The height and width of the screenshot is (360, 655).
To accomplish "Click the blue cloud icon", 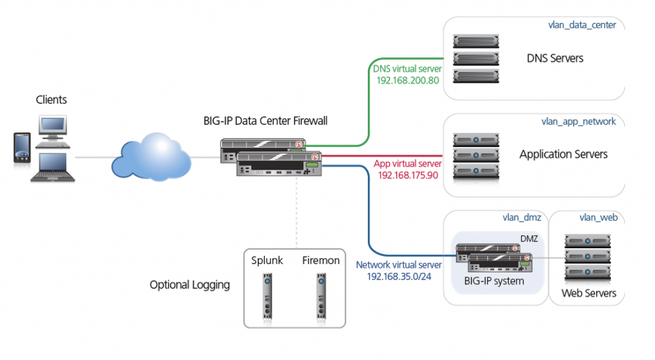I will pyautogui.click(x=151, y=157).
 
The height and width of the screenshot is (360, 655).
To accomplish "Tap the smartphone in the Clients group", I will pyautogui.click(x=21, y=151).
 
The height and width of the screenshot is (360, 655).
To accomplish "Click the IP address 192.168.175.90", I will pyautogui.click(x=408, y=175).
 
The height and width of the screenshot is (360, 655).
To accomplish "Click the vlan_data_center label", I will pyautogui.click(x=582, y=25).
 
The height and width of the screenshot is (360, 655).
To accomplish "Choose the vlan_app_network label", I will pyautogui.click(x=578, y=121).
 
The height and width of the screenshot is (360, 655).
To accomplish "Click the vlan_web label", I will pyautogui.click(x=598, y=217).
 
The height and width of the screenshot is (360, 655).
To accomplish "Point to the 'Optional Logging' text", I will pyautogui.click(x=189, y=285).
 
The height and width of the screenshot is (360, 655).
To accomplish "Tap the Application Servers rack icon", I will pyautogui.click(x=476, y=155).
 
